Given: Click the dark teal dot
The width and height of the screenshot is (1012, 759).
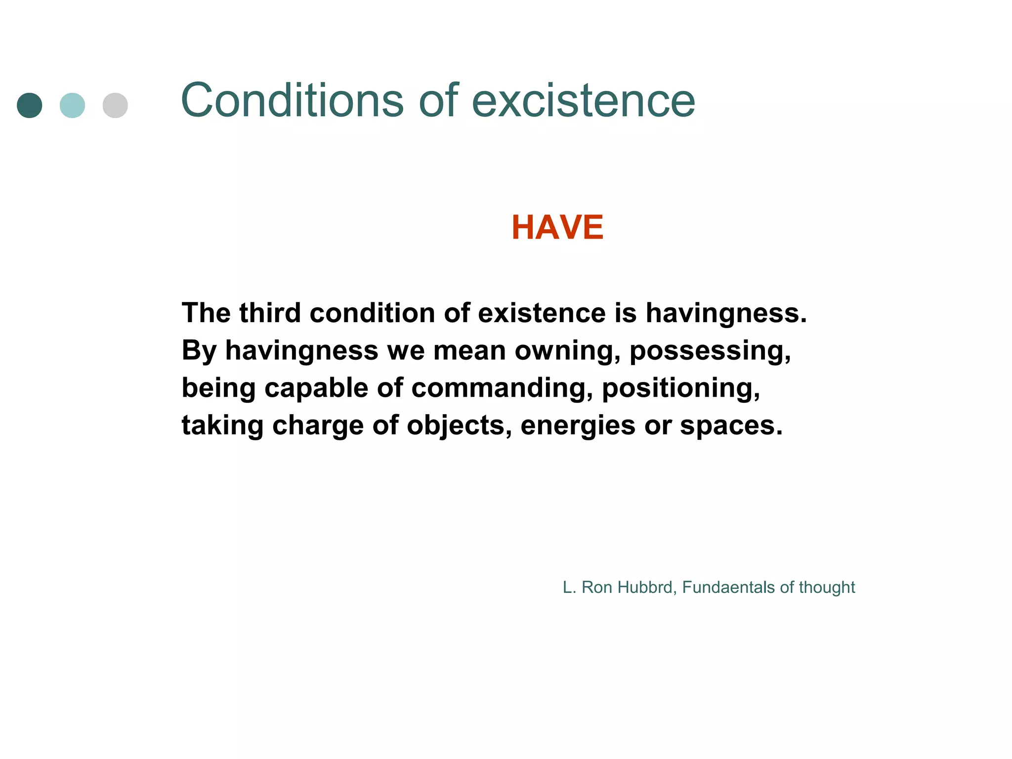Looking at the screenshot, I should coord(30,105).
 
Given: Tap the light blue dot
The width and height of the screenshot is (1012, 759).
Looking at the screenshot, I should coord(72,105).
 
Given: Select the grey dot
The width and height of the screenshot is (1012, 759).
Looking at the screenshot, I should coord(115,105).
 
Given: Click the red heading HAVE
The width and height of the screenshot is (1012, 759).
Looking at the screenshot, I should coord(557,227).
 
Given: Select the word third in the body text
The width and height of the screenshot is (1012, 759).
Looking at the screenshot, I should coord(270,313).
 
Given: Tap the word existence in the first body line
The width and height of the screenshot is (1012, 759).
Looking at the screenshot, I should coord(542,313).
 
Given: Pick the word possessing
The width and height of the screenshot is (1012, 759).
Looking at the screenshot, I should coord(710,351).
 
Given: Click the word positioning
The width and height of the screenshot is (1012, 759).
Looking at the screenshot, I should coord(681,388).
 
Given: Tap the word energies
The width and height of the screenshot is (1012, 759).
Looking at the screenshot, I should coord(578,425).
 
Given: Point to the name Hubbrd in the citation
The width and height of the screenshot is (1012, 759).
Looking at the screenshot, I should coord(647,587).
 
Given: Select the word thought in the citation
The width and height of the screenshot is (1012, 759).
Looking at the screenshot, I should coord(827,587).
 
